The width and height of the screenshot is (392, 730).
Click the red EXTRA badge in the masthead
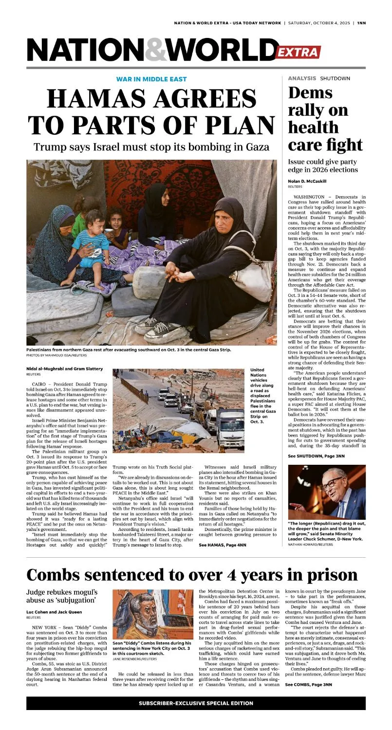[298, 53]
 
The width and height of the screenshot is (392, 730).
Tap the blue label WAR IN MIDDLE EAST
[151, 79]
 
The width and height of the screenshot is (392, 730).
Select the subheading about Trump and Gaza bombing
[151, 146]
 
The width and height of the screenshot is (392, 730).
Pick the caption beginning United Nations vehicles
[262, 396]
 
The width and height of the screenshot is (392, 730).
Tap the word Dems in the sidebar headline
[310, 92]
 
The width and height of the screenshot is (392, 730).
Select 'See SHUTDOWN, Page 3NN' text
[316, 456]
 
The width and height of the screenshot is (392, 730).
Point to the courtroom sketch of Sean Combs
[153, 615]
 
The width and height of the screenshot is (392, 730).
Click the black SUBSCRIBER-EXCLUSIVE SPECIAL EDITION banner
[196, 703]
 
